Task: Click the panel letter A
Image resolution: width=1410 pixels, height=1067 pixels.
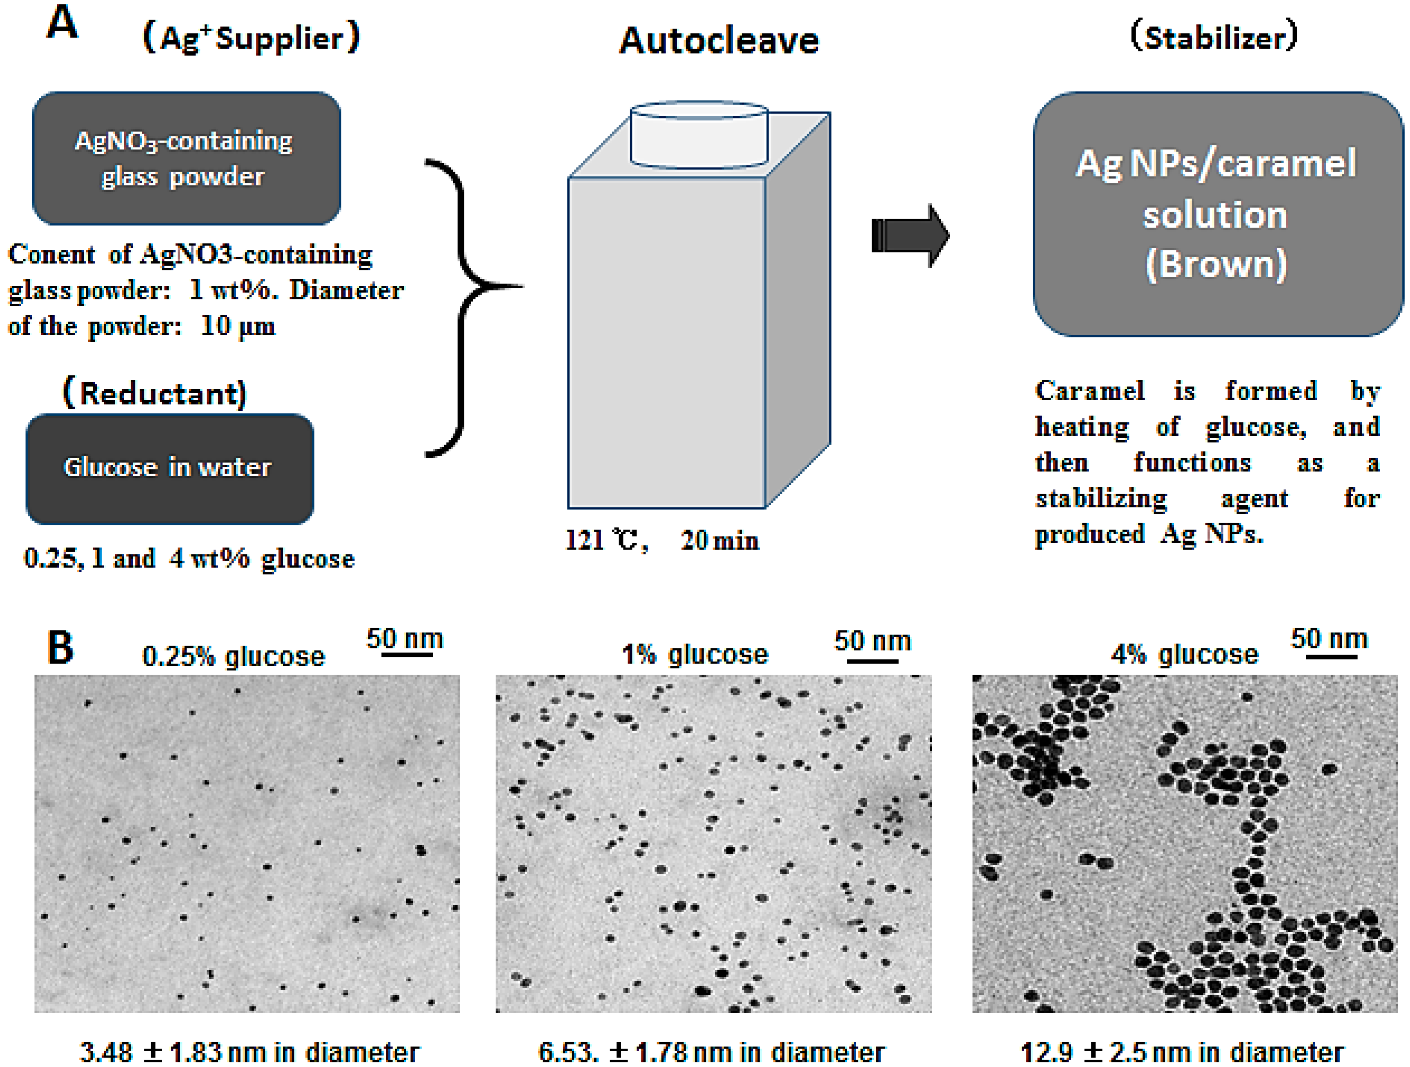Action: point(62,24)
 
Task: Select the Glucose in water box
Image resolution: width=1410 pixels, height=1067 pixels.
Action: point(169,468)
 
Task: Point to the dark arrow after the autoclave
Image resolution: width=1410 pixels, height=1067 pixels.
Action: point(910,236)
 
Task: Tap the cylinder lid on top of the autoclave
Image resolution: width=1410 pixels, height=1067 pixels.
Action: point(699,134)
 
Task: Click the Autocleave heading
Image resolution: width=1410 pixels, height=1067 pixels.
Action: point(719,41)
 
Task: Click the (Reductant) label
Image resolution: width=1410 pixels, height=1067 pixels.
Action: point(155,393)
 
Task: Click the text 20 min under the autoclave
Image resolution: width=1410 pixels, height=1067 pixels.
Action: point(719,541)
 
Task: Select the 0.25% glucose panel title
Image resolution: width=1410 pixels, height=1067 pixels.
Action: point(233,656)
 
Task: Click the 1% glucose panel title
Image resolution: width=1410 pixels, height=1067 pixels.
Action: point(695,654)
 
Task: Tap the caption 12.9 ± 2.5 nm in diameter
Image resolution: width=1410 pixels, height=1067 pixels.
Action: point(1183,1052)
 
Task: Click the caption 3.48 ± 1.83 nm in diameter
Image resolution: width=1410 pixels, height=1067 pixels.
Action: point(249,1052)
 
